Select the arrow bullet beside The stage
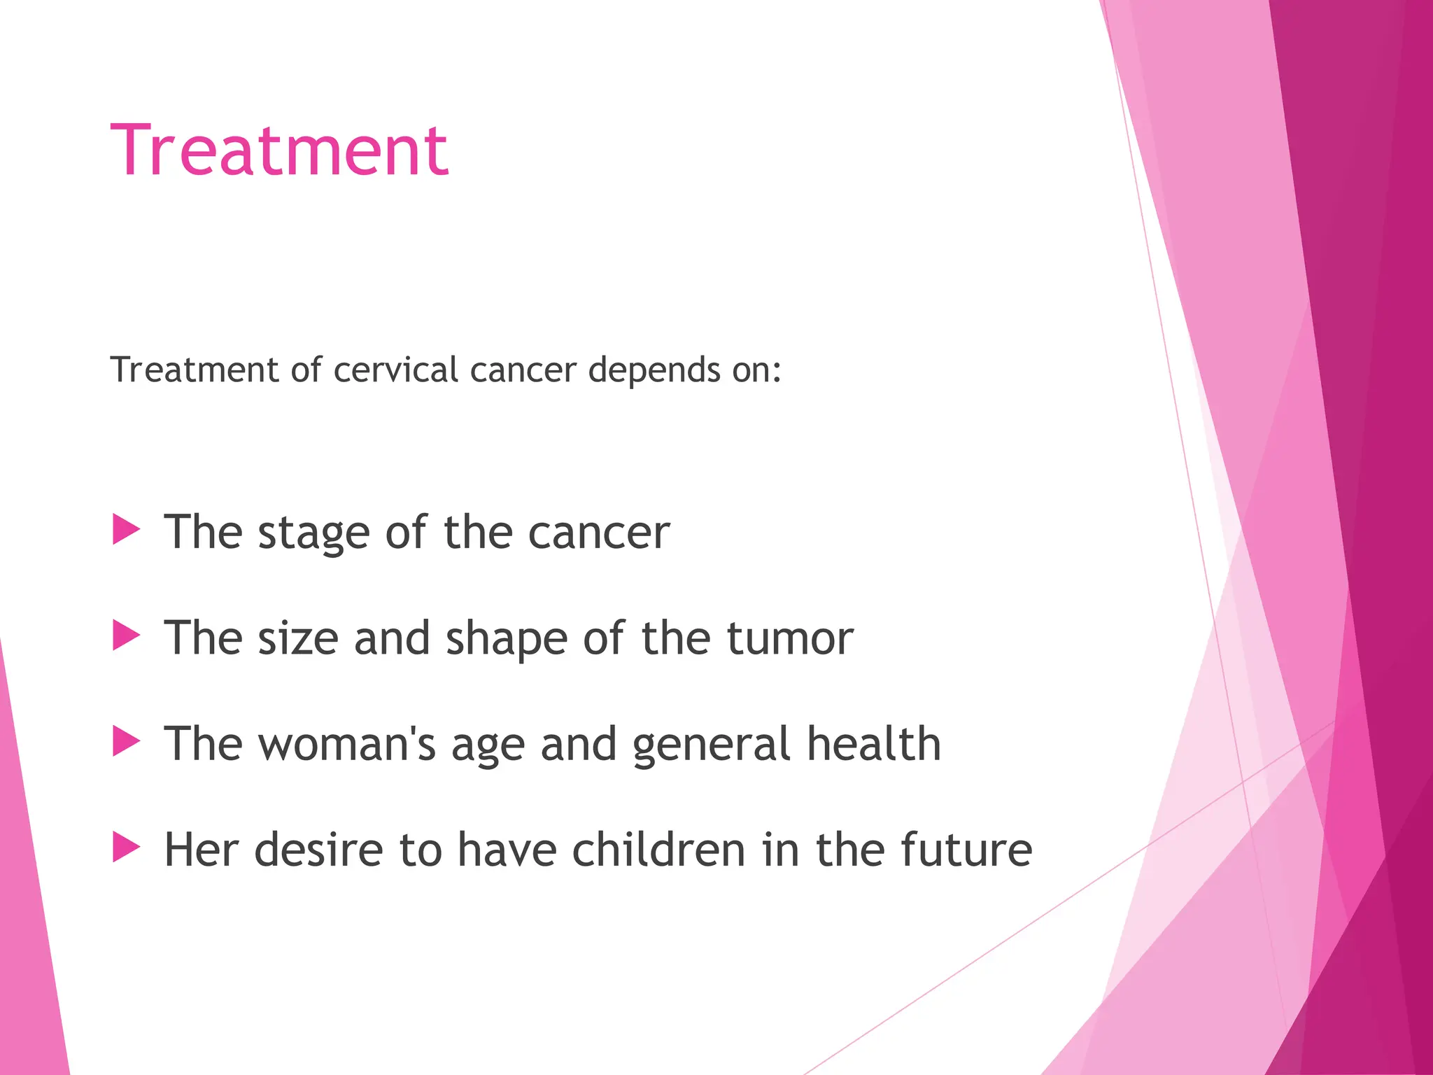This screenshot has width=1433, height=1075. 126,530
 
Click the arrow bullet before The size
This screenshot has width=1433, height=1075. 126,636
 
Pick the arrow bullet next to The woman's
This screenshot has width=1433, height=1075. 126,742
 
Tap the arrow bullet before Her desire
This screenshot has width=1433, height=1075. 126,848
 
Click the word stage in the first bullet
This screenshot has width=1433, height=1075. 313,534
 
